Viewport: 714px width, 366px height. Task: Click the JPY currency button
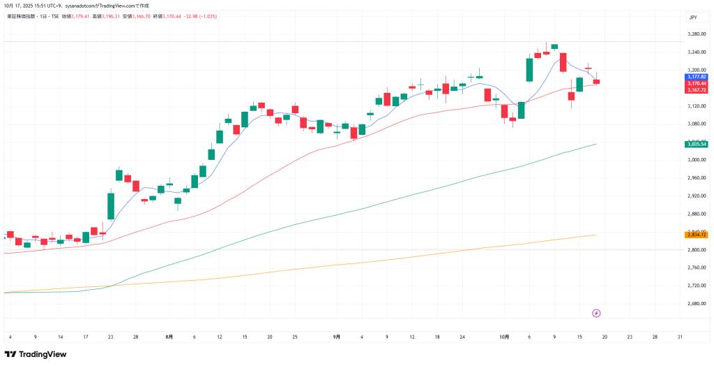pyautogui.click(x=693, y=17)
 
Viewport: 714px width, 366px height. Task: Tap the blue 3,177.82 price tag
pyautogui.click(x=696, y=77)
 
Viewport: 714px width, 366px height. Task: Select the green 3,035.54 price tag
pyautogui.click(x=696, y=144)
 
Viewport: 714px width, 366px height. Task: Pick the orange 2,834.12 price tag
pyautogui.click(x=696, y=235)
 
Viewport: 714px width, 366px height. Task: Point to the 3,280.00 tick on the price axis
pyautogui.click(x=697, y=34)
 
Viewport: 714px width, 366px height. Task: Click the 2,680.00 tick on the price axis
pyautogui.click(x=697, y=304)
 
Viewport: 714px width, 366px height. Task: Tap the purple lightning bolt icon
pyautogui.click(x=596, y=313)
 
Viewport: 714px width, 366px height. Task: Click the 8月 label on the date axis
pyautogui.click(x=169, y=337)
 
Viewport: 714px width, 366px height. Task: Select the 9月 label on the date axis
pyautogui.click(x=337, y=337)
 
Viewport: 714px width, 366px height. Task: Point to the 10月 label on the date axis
pyautogui.click(x=504, y=337)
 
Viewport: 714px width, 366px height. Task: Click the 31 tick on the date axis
pyautogui.click(x=680, y=337)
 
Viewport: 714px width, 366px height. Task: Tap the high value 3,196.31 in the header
pyautogui.click(x=112, y=15)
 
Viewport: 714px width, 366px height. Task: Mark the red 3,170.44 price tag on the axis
pyautogui.click(x=696, y=83)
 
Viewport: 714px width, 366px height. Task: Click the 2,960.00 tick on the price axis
pyautogui.click(x=697, y=177)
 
